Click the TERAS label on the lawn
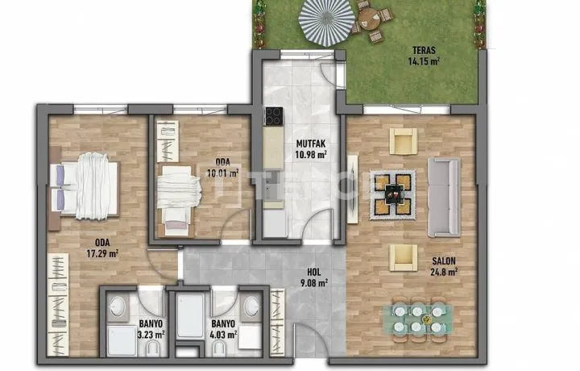tap(424, 50)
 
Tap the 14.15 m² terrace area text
tap(424, 60)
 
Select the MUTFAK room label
tap(311, 144)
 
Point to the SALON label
tap(444, 261)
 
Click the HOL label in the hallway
tap(313, 272)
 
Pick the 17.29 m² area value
tap(102, 253)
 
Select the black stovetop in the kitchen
tap(274, 116)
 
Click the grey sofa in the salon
tap(444, 198)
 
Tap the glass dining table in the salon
tap(418, 319)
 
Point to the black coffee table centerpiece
tap(392, 194)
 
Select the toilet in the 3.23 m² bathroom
tap(151, 348)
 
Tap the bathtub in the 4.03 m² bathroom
tap(190, 316)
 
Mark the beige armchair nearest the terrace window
tap(404, 140)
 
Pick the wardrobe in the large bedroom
tap(58, 305)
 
